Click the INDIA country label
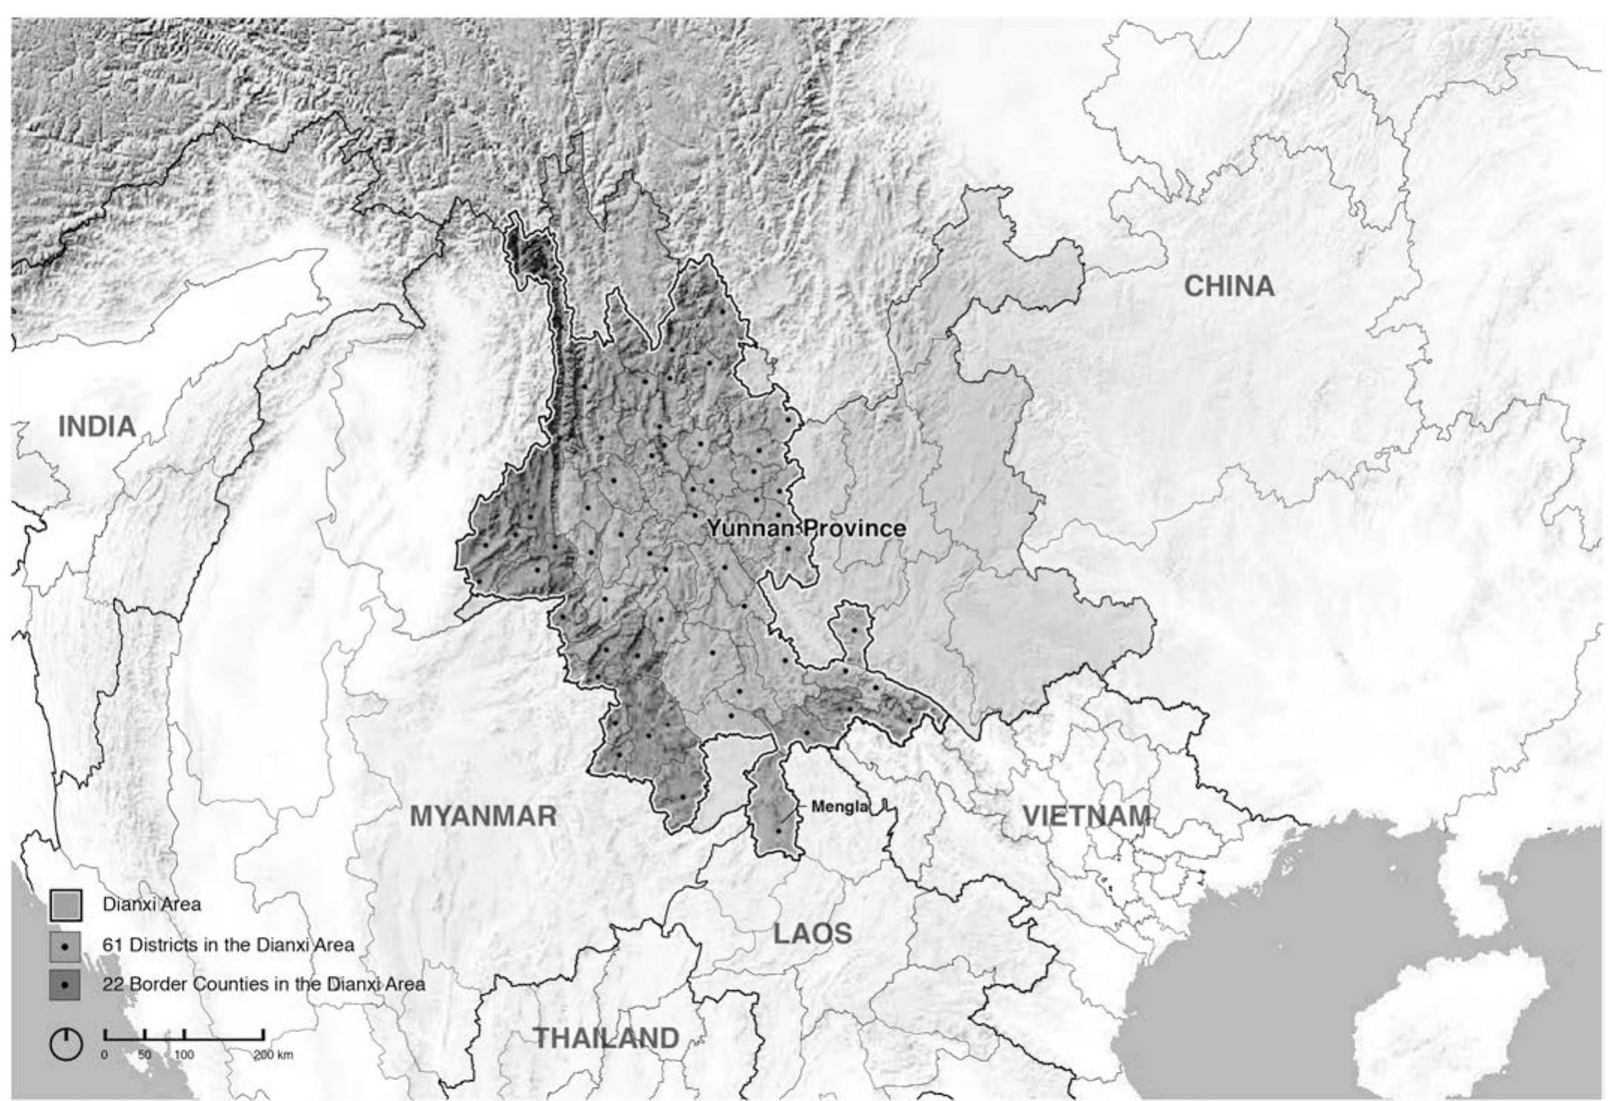pos(97,427)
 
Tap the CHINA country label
pos(1229,286)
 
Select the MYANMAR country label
pos(483,816)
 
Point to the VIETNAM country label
pos(1086,816)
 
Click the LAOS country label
pos(813,934)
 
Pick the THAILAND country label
pos(607,1038)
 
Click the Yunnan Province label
pos(807,528)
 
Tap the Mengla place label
pos(840,808)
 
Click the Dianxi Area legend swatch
pos(65,906)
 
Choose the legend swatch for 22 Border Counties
pos(65,986)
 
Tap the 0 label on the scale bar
pos(104,1055)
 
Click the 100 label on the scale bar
pos(184,1055)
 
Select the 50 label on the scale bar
pos(144,1055)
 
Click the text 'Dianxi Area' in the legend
pos(152,905)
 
